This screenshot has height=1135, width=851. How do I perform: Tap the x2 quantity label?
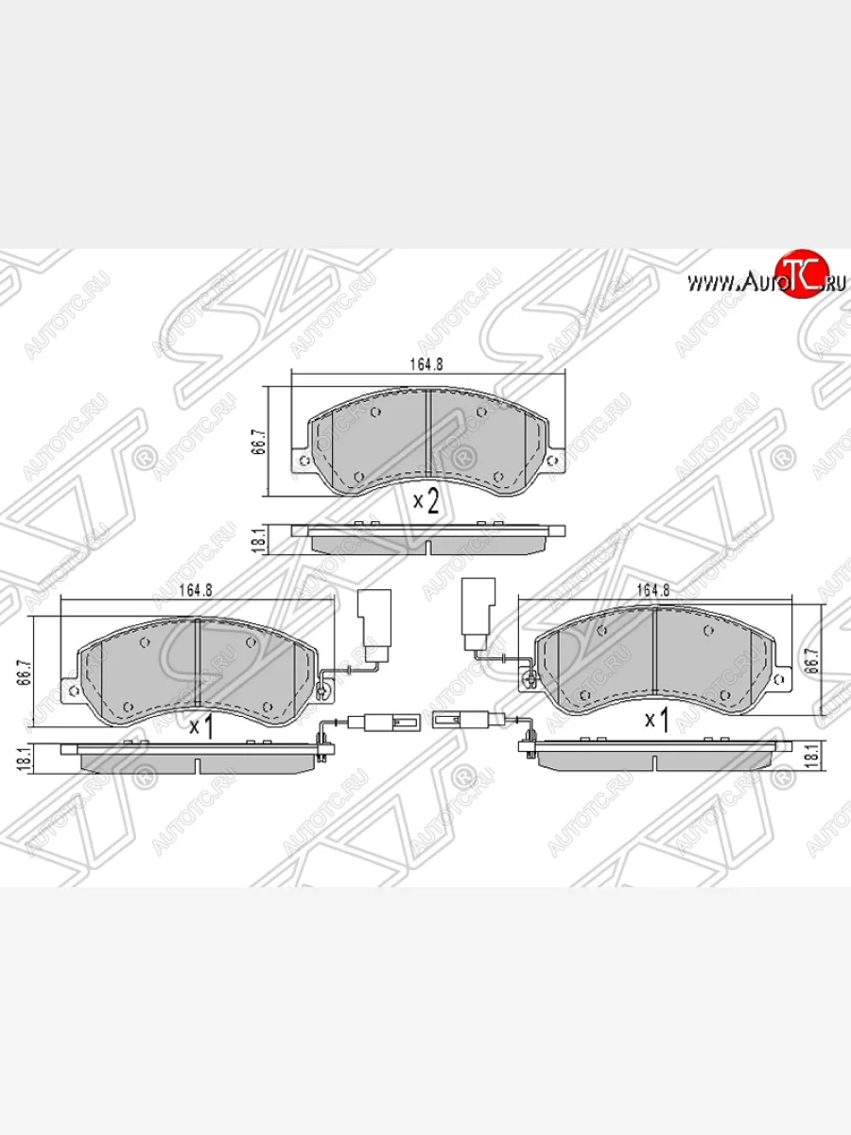(x=425, y=500)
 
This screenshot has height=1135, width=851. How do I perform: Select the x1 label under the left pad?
(x=200, y=727)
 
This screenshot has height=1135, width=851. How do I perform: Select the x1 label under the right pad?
(x=656, y=721)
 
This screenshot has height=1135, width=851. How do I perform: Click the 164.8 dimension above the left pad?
(x=195, y=589)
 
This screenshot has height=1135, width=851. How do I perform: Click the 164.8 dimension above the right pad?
(x=653, y=589)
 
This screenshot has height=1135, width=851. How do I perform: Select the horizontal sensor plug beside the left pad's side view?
(x=390, y=723)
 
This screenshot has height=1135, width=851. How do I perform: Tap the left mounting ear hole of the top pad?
(x=303, y=462)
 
